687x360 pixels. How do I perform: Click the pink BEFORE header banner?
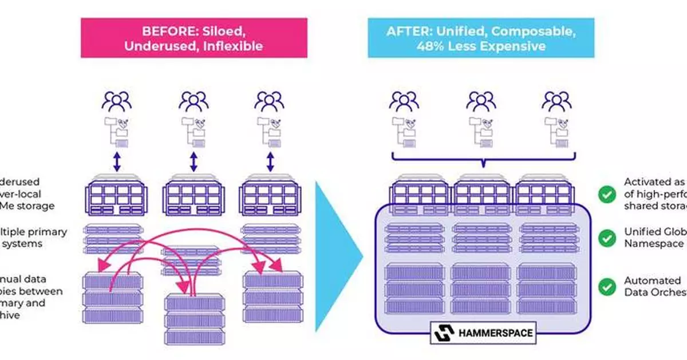194,37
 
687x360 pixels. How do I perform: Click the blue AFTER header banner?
481,37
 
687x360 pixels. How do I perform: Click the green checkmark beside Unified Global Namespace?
606,238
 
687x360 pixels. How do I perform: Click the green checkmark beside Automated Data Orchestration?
606,286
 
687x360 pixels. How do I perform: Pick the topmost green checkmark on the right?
606,195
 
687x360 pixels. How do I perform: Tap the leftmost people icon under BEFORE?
116,102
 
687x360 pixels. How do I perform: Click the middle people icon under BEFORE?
194,102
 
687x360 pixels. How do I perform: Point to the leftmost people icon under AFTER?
404,102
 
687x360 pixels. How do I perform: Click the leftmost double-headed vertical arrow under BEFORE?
116,162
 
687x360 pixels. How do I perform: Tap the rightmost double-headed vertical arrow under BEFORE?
270,162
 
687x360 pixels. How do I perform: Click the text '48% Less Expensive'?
481,46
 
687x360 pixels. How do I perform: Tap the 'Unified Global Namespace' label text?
653,238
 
